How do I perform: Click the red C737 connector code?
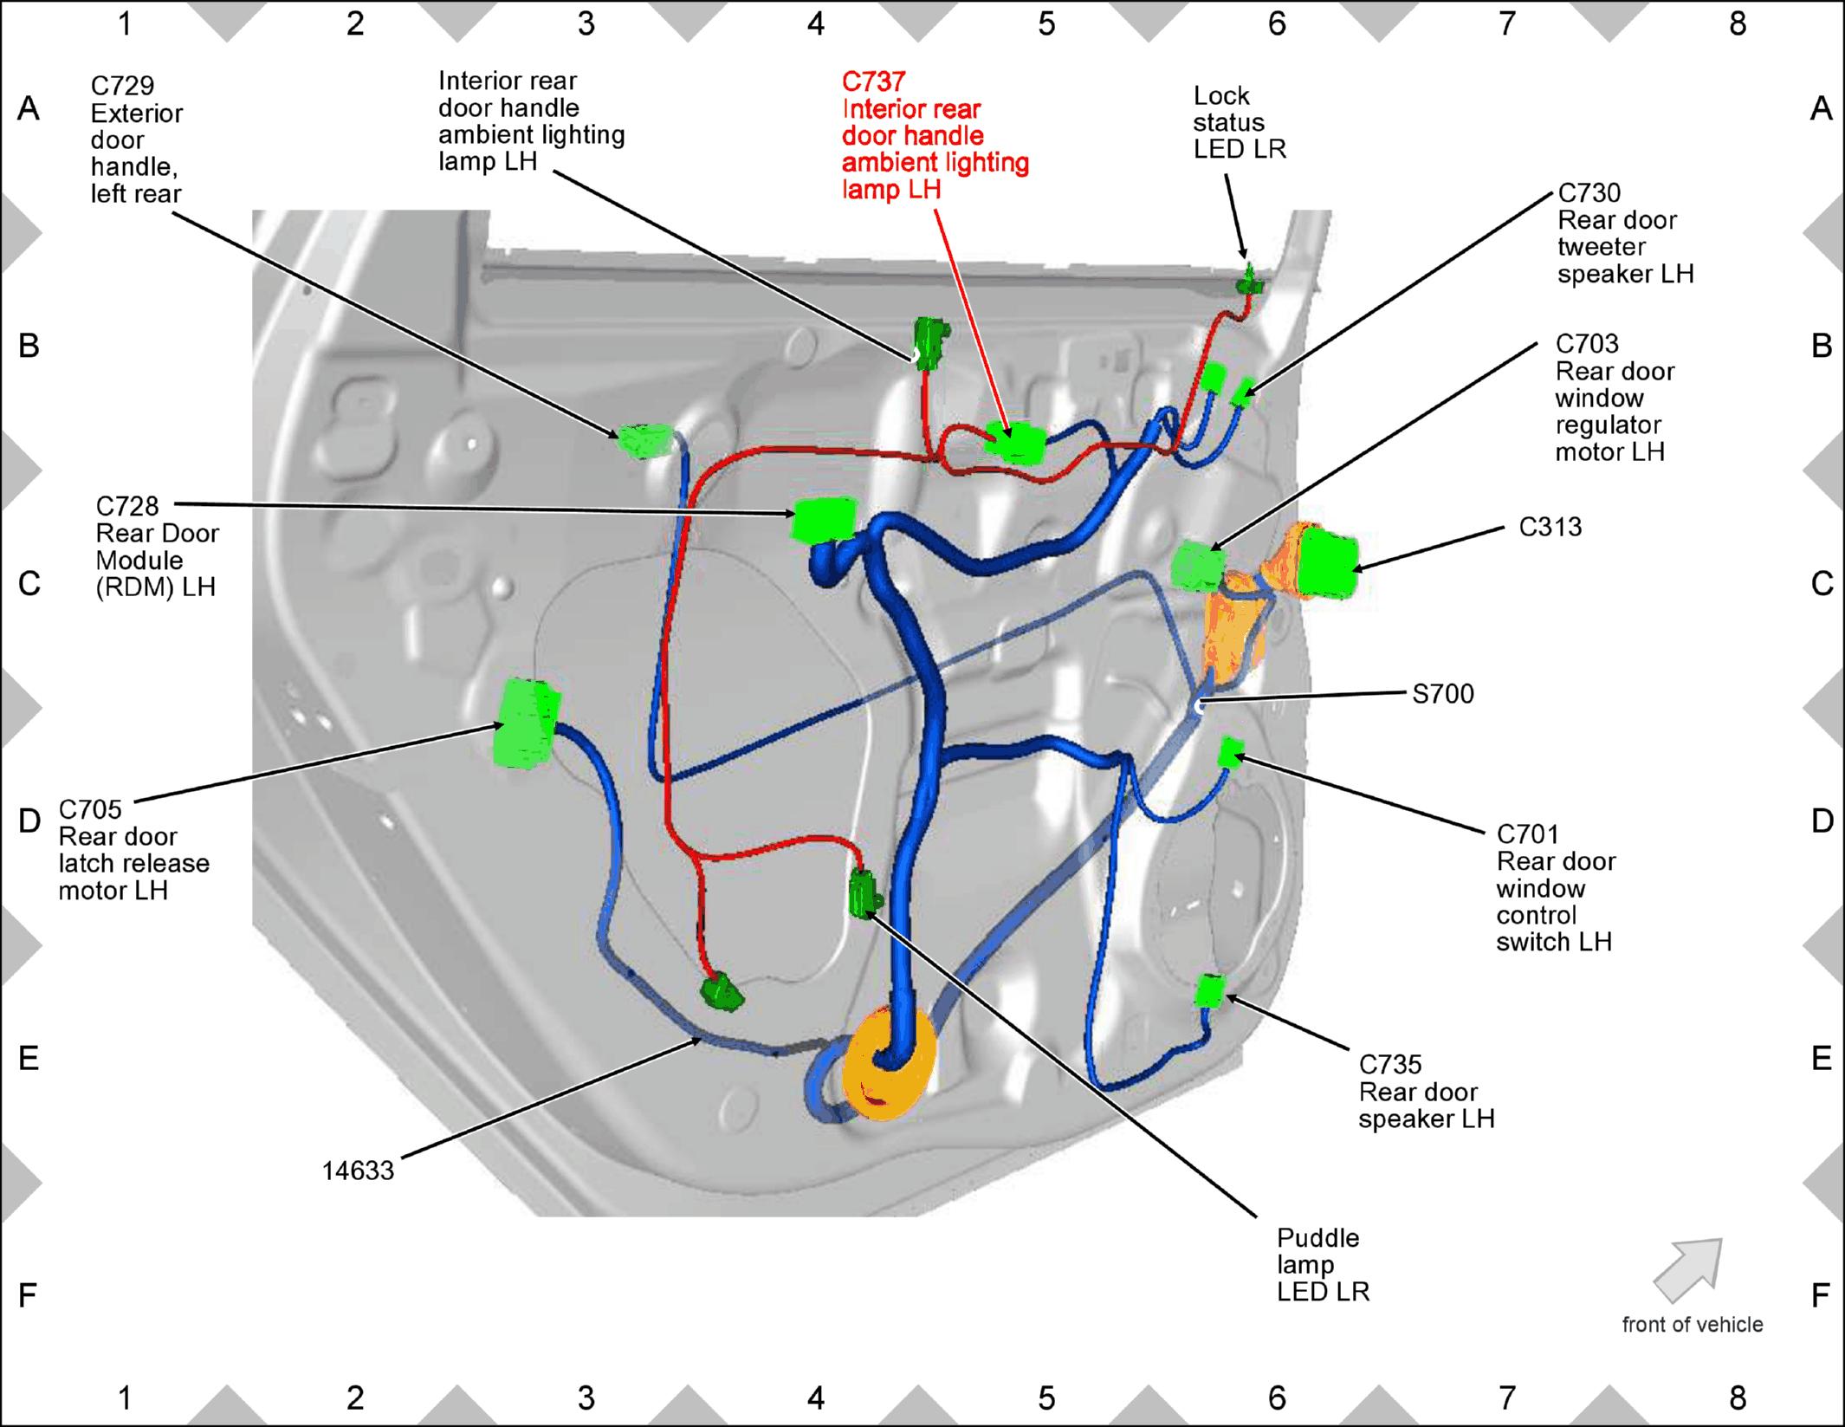point(873,81)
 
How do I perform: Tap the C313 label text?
point(1550,527)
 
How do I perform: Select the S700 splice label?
point(1442,694)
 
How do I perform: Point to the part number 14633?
point(358,1171)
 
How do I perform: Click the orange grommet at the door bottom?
point(890,1063)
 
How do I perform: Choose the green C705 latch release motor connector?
point(527,723)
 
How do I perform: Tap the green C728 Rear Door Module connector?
point(824,519)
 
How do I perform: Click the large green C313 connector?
point(1327,563)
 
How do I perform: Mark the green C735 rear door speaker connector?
point(1210,991)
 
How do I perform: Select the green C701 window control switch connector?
point(1230,752)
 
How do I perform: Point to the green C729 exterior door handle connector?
point(645,441)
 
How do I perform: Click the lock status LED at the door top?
point(1249,282)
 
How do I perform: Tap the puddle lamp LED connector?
point(863,893)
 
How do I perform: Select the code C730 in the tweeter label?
point(1589,192)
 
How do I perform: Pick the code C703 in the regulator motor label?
point(1587,344)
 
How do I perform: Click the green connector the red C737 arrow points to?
point(1015,443)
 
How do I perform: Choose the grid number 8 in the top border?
point(1738,24)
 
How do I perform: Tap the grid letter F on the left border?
point(28,1295)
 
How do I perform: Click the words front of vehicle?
point(1693,1325)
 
